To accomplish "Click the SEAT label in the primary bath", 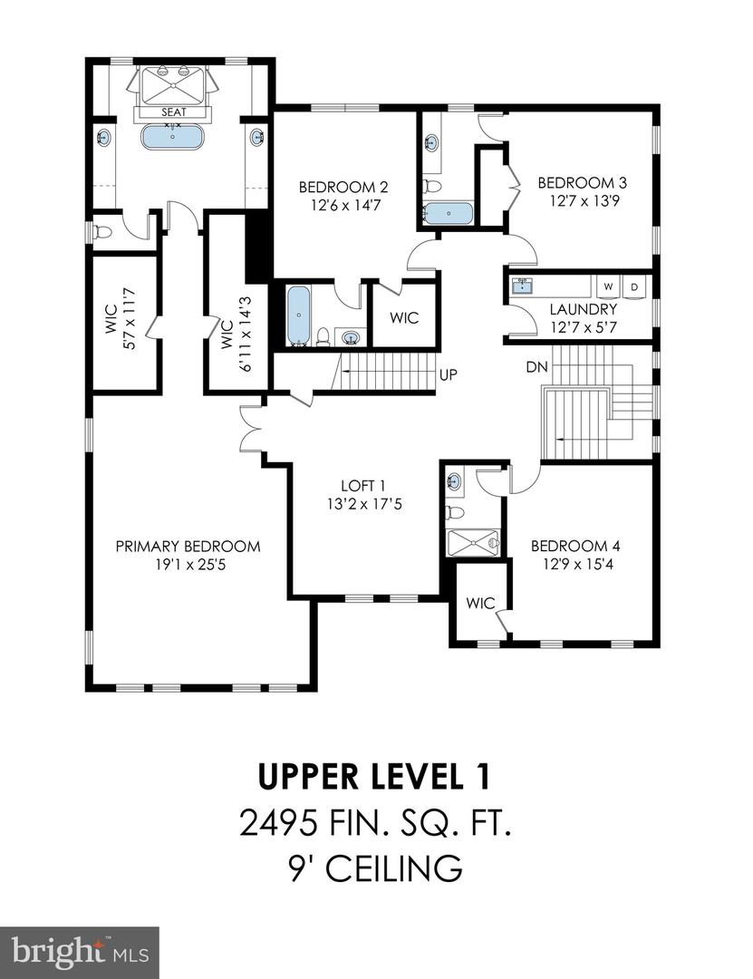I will pyautogui.click(x=172, y=112).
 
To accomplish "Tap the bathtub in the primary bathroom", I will pyautogui.click(x=172, y=138).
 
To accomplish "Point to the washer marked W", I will pyautogui.click(x=608, y=286).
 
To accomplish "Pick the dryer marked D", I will pyautogui.click(x=634, y=286).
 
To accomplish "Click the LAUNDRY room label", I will pyautogui.click(x=584, y=309).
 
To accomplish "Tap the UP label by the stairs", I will pyautogui.click(x=447, y=373).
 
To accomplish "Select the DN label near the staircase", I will pyautogui.click(x=535, y=368).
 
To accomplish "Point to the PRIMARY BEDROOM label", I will pyautogui.click(x=188, y=547).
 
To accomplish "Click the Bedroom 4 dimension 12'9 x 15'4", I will pyautogui.click(x=575, y=563).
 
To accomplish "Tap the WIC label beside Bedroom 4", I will pyautogui.click(x=478, y=603).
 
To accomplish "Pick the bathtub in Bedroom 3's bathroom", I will pyautogui.click(x=448, y=214).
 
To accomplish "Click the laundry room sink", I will pyautogui.click(x=522, y=286).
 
